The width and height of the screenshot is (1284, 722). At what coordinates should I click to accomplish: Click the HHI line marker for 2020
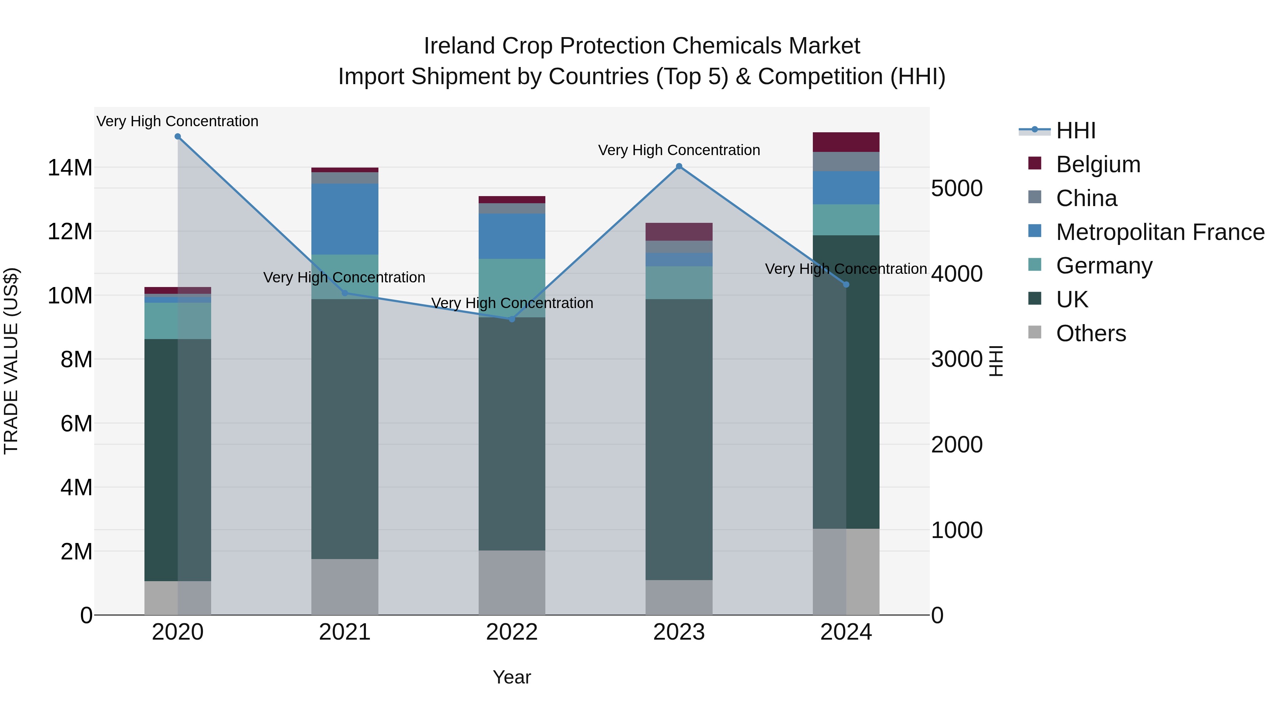[178, 137]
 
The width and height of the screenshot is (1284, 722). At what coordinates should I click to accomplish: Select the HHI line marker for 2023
[679, 167]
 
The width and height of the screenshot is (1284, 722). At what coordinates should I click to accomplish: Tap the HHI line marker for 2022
[512, 319]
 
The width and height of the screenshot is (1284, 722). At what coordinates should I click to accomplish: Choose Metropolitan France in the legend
[1160, 232]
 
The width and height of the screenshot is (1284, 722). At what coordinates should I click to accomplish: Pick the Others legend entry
[1091, 333]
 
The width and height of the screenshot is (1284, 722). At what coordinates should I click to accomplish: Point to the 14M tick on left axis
[70, 168]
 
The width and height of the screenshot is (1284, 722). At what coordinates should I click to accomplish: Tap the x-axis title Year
[512, 677]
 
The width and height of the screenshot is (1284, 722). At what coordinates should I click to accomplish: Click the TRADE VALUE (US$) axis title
[11, 361]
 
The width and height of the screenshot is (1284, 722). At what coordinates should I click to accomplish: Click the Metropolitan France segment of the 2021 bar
[345, 219]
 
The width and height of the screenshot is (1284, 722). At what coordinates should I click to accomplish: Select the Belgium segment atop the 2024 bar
[846, 142]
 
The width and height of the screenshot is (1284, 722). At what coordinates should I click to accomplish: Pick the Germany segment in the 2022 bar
[512, 288]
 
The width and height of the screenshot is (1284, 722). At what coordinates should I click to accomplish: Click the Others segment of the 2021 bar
[345, 587]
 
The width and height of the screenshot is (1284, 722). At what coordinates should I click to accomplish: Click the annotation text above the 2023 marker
[679, 150]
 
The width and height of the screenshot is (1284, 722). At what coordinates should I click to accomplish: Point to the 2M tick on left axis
[76, 552]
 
